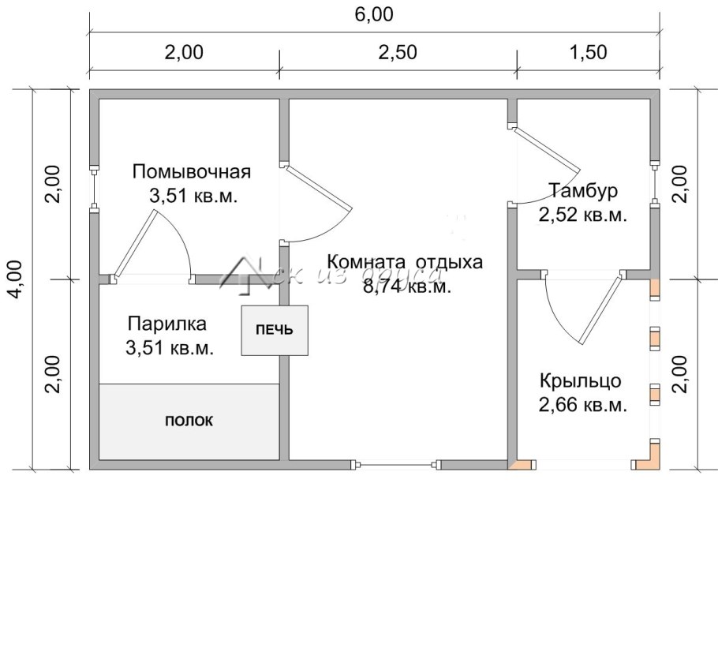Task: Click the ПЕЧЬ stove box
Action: tap(274, 330)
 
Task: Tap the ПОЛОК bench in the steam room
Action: tap(189, 421)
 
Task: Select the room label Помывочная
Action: tap(191, 172)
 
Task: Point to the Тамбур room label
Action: tap(584, 191)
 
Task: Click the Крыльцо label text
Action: tap(581, 382)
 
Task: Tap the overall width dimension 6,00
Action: tap(374, 13)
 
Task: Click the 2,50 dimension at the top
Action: tap(398, 53)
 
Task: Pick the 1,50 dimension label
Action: tap(588, 53)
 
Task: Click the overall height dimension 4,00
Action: tap(16, 279)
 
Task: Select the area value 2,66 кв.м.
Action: tap(583, 406)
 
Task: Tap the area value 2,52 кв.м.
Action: tap(583, 215)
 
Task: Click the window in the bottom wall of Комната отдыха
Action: tap(396, 465)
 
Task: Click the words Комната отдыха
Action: tap(404, 262)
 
